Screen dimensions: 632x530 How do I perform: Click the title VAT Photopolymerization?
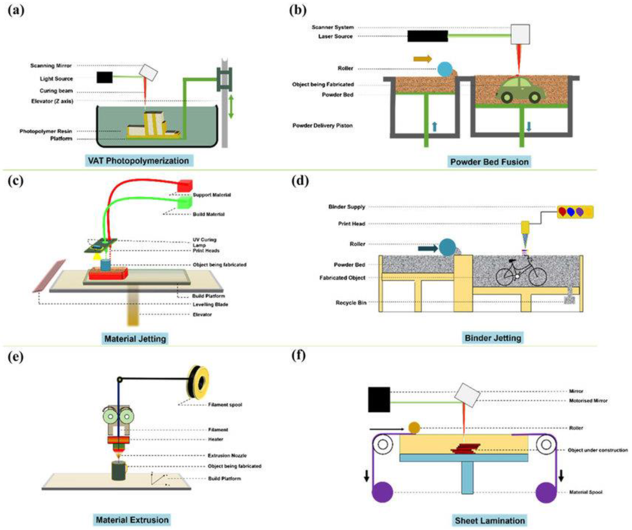pos(138,161)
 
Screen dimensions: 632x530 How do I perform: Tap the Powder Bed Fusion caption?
pos(489,162)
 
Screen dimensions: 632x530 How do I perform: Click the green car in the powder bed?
pos(520,90)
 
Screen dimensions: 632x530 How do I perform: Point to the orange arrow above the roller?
pos(423,59)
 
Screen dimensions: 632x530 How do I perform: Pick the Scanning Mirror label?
pos(51,66)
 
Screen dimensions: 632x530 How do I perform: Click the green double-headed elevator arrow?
pos(231,106)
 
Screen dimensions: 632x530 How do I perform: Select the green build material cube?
pos(185,203)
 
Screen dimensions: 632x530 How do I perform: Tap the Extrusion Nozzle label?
pos(227,455)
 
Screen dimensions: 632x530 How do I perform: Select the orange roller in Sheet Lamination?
pos(414,428)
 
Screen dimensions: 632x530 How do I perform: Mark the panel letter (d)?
pos(300,181)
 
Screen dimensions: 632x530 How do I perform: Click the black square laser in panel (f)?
pos(379,400)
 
